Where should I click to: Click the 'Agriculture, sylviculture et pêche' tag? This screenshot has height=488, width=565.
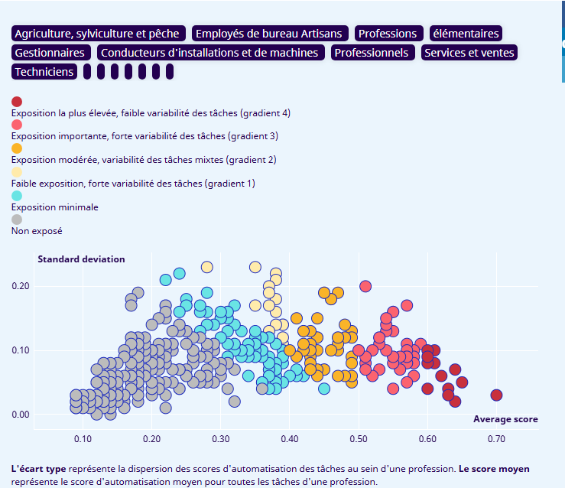[x=99, y=34]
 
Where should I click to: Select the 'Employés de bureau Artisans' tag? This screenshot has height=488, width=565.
[x=271, y=34]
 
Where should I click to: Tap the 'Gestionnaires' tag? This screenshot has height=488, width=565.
[x=50, y=53]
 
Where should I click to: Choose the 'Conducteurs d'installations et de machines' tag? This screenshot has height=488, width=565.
[x=209, y=53]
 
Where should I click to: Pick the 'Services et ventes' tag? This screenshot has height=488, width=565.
[x=469, y=53]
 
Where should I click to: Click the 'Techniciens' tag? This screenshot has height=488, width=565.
[x=45, y=72]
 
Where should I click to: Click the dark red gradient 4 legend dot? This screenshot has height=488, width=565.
[x=17, y=101]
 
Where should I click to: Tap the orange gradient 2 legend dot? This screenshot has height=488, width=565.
[x=17, y=148]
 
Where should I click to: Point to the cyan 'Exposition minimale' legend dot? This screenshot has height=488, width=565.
[x=17, y=196]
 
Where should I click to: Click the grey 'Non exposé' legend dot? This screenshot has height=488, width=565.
[x=17, y=220]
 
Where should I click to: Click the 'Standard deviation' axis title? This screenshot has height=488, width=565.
[x=81, y=259]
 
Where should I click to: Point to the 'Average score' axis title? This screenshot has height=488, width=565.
[x=505, y=419]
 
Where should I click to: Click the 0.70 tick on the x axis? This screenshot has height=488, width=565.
[x=496, y=439]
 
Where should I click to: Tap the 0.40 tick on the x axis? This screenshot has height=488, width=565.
[x=289, y=439]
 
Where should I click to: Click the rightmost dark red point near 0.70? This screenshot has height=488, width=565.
[x=496, y=395]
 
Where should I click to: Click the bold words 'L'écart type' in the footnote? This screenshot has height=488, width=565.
[x=38, y=468]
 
